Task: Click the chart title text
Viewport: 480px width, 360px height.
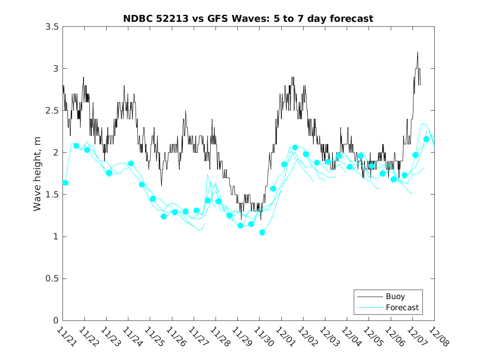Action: pyautogui.click(x=248, y=19)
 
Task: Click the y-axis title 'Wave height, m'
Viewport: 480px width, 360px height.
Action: pyautogui.click(x=37, y=174)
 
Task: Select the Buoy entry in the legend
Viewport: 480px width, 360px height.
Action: pyautogui.click(x=395, y=296)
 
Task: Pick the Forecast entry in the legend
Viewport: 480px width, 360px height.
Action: pyautogui.click(x=402, y=307)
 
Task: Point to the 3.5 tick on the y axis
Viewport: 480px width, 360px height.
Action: pyautogui.click(x=51, y=27)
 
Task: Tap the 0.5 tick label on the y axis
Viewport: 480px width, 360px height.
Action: pyautogui.click(x=51, y=279)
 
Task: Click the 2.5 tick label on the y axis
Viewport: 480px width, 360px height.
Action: pyautogui.click(x=51, y=111)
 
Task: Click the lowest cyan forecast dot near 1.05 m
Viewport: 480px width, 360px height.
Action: pyautogui.click(x=262, y=232)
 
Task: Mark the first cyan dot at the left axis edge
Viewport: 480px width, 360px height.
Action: pyautogui.click(x=65, y=183)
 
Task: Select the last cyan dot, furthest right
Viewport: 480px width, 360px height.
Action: pyautogui.click(x=426, y=139)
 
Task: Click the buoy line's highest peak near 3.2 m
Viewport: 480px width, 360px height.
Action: pyautogui.click(x=417, y=52)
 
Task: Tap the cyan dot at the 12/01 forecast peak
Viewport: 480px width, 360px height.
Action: pyautogui.click(x=295, y=147)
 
